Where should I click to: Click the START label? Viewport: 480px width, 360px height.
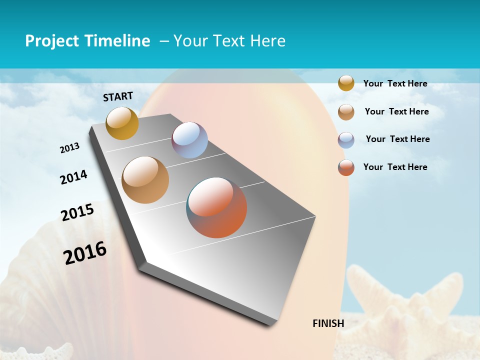click(118, 96)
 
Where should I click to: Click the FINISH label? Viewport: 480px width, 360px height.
click(328, 323)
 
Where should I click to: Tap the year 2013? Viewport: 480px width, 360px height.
click(70, 148)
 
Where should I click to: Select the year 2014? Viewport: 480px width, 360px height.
click(74, 177)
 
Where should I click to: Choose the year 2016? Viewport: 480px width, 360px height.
click(85, 253)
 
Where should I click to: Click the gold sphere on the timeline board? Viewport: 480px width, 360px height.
click(122, 123)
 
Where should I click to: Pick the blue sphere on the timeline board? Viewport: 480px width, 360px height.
click(189, 140)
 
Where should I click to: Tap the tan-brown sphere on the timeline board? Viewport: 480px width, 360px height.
click(145, 180)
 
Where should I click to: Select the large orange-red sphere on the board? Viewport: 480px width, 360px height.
click(216, 207)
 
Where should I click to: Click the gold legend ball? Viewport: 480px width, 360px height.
click(346, 83)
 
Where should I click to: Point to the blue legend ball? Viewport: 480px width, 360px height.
click(346, 140)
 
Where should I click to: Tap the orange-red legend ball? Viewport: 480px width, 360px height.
click(346, 167)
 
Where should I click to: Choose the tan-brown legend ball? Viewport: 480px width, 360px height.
click(346, 112)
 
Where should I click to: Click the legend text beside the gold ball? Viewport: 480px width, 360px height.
click(395, 83)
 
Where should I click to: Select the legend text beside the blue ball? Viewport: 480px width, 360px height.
click(397, 139)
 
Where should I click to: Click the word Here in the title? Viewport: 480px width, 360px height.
click(267, 41)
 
